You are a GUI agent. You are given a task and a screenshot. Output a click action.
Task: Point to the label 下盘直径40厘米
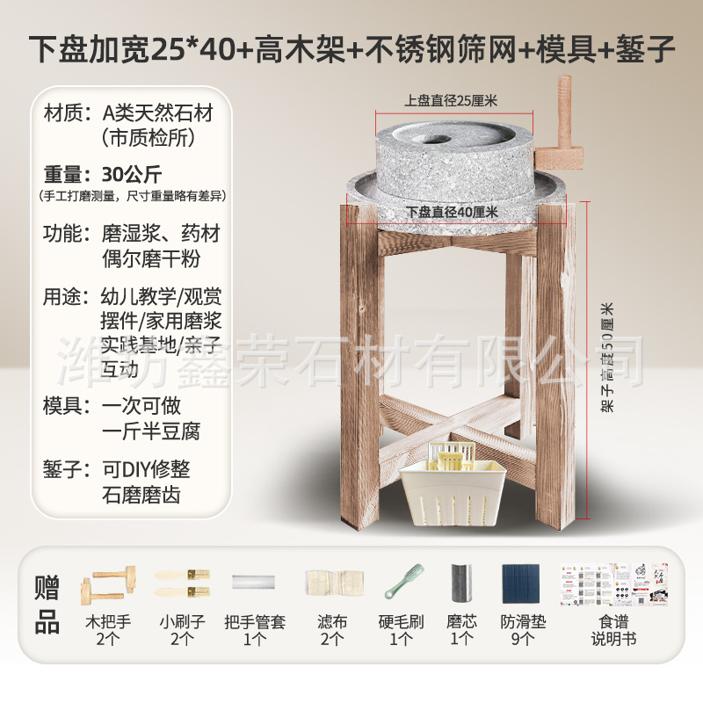click(x=453, y=212)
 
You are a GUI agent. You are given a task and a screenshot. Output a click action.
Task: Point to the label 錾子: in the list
click(x=68, y=468)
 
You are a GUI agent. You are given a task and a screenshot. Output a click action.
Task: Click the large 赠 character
click(x=47, y=585)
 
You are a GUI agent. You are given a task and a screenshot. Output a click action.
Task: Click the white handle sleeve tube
click(x=254, y=581)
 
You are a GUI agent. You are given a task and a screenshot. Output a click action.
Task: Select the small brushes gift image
click(x=181, y=581)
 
